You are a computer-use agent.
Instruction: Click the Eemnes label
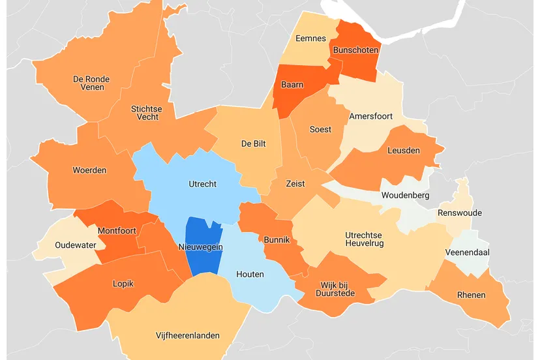click(310, 38)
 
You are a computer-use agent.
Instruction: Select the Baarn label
click(292, 85)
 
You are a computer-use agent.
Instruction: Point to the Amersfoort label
click(370, 116)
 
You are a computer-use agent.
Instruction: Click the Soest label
click(320, 129)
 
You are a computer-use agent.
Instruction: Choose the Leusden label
click(404, 150)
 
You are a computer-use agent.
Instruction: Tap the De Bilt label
click(252, 143)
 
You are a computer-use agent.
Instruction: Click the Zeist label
click(295, 183)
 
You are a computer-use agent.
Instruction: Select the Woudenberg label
click(404, 196)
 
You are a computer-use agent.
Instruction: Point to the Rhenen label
click(471, 295)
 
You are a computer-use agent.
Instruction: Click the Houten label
click(250, 274)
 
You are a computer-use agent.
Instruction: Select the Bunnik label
click(277, 240)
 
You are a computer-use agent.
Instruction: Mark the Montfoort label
click(116, 231)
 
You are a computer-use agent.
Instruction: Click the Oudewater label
click(67, 245)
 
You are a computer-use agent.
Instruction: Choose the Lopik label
click(123, 284)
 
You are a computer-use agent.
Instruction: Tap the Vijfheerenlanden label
click(187, 335)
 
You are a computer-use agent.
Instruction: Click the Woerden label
click(89, 170)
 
